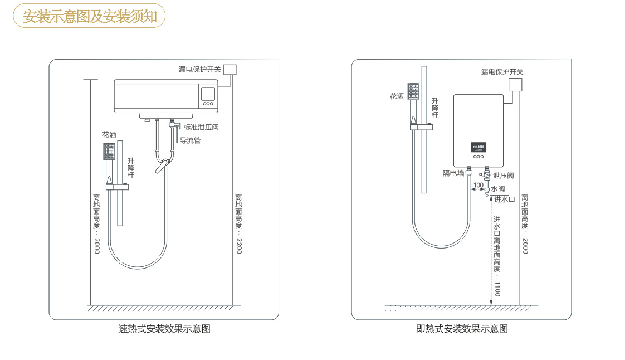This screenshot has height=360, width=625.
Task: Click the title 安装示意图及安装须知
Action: click(x=89, y=16)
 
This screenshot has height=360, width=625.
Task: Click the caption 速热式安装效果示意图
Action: click(x=164, y=329)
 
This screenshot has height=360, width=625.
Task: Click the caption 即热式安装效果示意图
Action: click(x=462, y=329)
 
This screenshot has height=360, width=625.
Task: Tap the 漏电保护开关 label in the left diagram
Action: click(x=199, y=70)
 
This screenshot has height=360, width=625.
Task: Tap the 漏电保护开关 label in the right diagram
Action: click(x=502, y=72)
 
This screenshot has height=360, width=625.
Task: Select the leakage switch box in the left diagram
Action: click(x=230, y=70)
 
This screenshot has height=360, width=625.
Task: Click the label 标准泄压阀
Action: click(x=201, y=127)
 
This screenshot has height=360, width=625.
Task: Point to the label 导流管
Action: click(x=190, y=140)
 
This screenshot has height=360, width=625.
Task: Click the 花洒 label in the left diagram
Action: click(x=109, y=135)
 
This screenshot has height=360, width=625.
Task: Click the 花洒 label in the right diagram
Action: click(x=397, y=96)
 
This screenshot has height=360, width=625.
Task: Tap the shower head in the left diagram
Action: click(x=109, y=152)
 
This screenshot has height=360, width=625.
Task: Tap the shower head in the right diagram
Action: click(x=413, y=92)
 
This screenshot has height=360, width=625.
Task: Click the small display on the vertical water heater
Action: click(x=478, y=147)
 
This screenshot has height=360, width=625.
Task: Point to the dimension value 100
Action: click(x=478, y=185)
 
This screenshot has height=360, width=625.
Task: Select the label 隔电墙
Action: click(x=453, y=173)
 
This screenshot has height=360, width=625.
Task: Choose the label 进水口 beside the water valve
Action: click(x=505, y=200)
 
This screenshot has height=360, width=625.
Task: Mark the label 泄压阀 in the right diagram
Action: click(x=503, y=176)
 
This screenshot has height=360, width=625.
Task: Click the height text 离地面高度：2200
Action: click(x=238, y=223)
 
